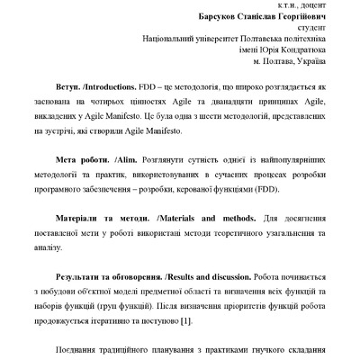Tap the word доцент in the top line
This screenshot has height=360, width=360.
coord(307,4)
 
